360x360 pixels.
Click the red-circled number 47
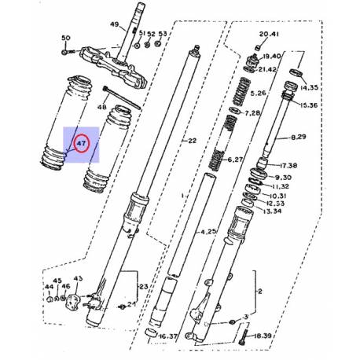pos(82,145)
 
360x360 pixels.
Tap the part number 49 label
pos(114,25)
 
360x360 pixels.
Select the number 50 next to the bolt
pos(65,39)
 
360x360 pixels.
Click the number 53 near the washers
pos(163,34)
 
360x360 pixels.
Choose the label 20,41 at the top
pos(269,34)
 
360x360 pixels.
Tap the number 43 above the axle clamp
pos(78,279)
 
